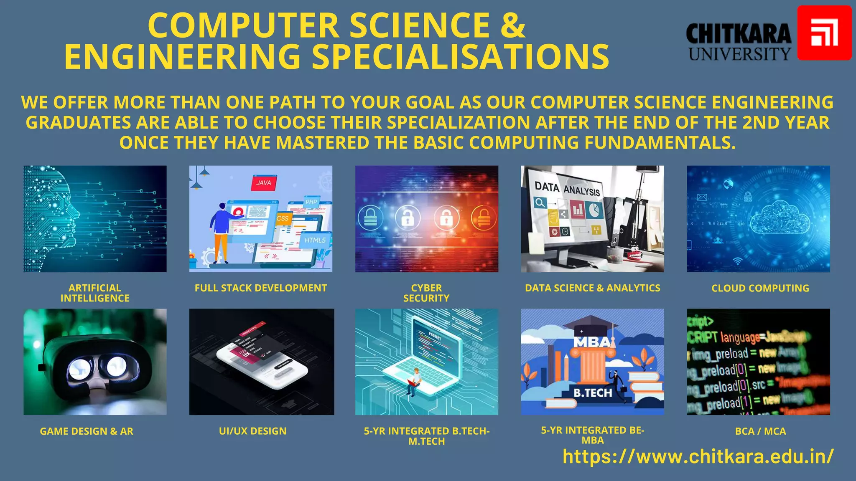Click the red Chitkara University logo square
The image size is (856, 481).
pos(824,33)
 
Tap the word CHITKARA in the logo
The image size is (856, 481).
pos(739,34)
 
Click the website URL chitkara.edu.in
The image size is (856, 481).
pos(698,456)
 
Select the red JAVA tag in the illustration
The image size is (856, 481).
pos(263,183)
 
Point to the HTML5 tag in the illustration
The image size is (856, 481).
pos(315,240)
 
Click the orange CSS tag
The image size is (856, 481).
pos(283,218)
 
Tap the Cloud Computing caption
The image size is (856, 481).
pos(760,288)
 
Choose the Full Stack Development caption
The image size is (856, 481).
pos(261,288)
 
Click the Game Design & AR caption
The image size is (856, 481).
pos(87,431)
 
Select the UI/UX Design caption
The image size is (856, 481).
pos(252,431)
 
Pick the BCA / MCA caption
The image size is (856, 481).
pos(760,431)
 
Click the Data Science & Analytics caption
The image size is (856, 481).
pos(592,288)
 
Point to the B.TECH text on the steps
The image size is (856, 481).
pos(592,393)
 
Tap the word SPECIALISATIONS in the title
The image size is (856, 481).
pos(460,57)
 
